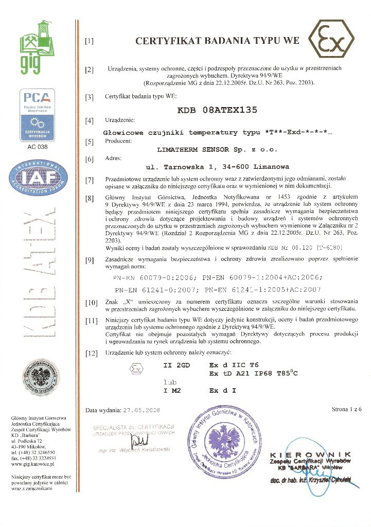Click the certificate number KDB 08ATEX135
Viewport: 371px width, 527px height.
[217, 110]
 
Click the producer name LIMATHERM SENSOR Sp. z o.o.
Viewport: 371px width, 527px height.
[217, 149]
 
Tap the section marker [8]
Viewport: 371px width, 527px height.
[90, 198]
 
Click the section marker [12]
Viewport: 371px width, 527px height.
[91, 354]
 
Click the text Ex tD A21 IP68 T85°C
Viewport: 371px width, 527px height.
[253, 373]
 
